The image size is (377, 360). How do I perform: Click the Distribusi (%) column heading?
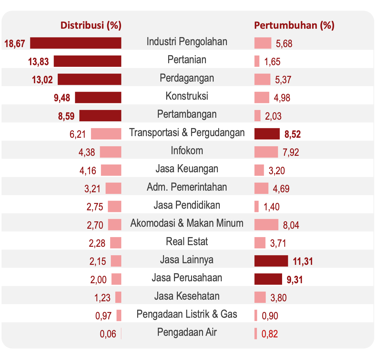tap(91, 25)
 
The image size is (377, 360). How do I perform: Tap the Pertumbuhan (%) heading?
tap(294, 25)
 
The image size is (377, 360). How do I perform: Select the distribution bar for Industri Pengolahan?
tap(76, 43)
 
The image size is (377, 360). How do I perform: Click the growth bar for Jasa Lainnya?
tap(271, 261)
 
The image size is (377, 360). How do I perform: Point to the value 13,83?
tap(38, 61)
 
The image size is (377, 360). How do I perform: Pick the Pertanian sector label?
tap(187, 60)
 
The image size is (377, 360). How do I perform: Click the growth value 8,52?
tap(292, 134)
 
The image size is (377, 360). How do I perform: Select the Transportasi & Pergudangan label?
tap(187, 133)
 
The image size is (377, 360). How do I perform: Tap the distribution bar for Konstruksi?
tap(98, 97)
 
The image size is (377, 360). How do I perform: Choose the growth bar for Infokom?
tap(266, 152)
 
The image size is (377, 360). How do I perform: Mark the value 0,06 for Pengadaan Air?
tap(108, 334)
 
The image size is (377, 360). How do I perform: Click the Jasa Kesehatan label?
tap(187, 296)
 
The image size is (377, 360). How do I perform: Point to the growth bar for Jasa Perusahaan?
tap(268, 279)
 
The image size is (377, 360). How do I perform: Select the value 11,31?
tap(303, 261)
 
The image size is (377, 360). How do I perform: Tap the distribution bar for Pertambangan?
tap(100, 115)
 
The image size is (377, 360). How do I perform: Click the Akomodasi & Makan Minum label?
tap(187, 223)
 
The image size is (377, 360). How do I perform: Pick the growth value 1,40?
tap(271, 207)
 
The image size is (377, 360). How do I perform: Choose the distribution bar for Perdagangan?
tap(89, 79)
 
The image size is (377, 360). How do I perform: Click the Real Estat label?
tap(187, 242)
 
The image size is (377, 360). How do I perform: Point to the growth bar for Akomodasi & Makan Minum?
tap(266, 225)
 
